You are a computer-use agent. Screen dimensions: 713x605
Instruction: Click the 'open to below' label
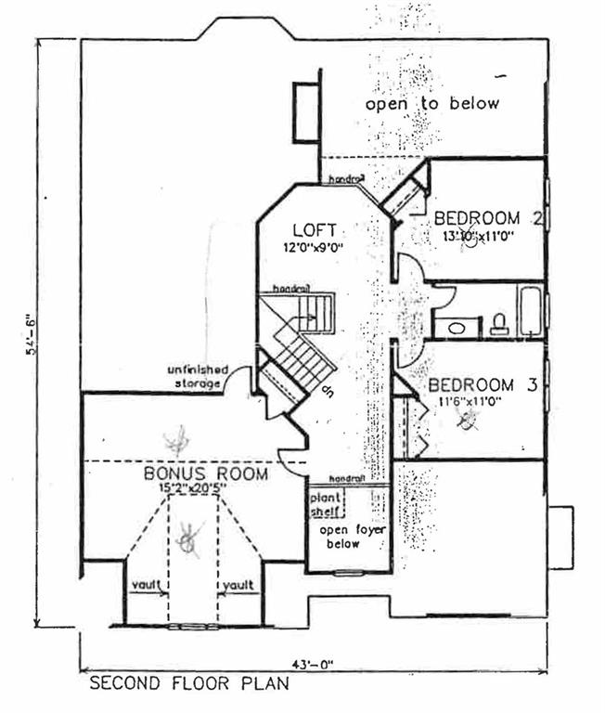pyautogui.click(x=431, y=103)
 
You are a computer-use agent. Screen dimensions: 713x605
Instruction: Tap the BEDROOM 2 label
pyautogui.click(x=488, y=219)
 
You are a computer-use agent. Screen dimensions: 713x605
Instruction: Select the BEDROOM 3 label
pyautogui.click(x=482, y=384)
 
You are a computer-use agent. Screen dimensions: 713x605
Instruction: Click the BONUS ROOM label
pyautogui.click(x=206, y=473)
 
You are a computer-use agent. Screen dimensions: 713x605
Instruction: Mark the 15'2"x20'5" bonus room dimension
pyautogui.click(x=205, y=489)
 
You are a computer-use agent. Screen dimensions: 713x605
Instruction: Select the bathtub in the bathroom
pyautogui.click(x=531, y=312)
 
